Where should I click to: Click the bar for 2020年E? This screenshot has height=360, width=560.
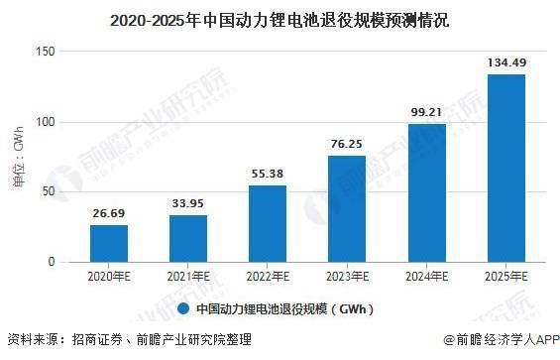click(x=109, y=243)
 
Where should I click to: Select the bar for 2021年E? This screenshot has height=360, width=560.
click(x=187, y=238)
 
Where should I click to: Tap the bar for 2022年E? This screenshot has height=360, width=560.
click(x=267, y=223)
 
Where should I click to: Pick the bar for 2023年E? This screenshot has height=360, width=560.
click(x=346, y=208)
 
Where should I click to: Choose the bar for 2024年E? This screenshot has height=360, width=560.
click(x=425, y=192)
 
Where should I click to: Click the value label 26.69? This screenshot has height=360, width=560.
click(x=109, y=212)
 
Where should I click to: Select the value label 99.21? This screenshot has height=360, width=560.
click(x=425, y=112)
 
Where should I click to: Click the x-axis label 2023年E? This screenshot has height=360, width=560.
click(x=346, y=276)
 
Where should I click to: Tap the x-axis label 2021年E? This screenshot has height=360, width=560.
click(x=187, y=276)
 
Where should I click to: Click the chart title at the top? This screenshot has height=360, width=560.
click(x=280, y=19)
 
